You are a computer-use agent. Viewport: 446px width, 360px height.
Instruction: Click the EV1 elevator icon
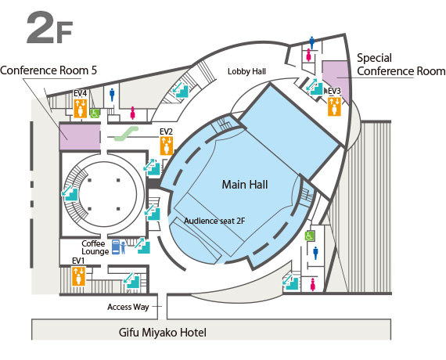(78, 275)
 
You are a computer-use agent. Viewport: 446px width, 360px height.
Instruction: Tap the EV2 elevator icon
(167, 146)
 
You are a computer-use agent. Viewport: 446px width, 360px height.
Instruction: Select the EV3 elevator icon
(334, 106)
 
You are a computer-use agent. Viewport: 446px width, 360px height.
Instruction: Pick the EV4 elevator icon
(81, 108)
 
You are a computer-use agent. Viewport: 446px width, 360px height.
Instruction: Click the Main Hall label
(245, 185)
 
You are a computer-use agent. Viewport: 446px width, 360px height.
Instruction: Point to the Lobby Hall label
(246, 71)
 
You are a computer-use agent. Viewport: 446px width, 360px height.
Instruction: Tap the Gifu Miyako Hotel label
(163, 333)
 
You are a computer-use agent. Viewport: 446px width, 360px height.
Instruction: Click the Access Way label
(128, 307)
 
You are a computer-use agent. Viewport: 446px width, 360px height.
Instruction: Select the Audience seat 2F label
(214, 221)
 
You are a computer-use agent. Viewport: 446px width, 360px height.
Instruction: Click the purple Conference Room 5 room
(80, 137)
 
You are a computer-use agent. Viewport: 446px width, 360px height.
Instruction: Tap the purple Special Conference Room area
(336, 79)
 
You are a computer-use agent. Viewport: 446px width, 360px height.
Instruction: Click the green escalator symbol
(126, 134)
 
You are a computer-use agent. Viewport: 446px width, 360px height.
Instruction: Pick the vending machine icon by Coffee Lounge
(116, 247)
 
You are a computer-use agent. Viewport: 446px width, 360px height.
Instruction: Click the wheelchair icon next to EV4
(95, 113)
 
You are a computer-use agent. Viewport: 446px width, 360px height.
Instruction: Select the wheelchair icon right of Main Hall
(310, 236)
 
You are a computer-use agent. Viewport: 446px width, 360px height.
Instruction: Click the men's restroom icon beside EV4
(112, 95)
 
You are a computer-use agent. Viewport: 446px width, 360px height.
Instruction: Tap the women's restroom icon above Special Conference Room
(308, 56)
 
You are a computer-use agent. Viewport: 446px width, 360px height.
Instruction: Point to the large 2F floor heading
(50, 27)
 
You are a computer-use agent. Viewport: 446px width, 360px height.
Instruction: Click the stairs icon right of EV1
(131, 281)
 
